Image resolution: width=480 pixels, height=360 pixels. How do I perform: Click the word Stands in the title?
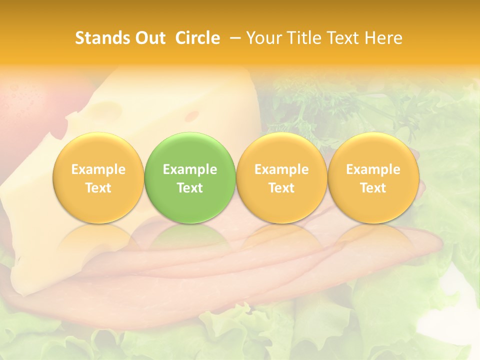[x=99, y=38]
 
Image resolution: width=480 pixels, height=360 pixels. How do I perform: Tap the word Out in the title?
[x=149, y=38]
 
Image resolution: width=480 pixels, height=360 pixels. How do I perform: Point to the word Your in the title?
[x=263, y=38]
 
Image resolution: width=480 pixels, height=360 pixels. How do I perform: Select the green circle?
[x=190, y=177]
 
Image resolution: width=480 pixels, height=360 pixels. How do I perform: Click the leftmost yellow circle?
[x=98, y=177]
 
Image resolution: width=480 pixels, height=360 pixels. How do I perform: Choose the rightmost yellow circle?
[x=373, y=177]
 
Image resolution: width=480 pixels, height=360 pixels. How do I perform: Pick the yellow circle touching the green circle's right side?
[x=281, y=177]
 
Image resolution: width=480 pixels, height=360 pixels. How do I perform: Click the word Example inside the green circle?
[x=190, y=169]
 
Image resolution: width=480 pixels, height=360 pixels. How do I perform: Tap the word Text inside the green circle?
[x=190, y=188]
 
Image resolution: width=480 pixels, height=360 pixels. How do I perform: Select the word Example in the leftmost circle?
[x=98, y=169]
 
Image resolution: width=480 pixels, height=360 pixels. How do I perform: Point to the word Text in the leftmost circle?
[x=98, y=188]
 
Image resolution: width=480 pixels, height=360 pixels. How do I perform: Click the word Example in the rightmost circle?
[x=373, y=169]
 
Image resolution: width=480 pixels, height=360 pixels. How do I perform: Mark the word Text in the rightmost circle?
[x=373, y=188]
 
